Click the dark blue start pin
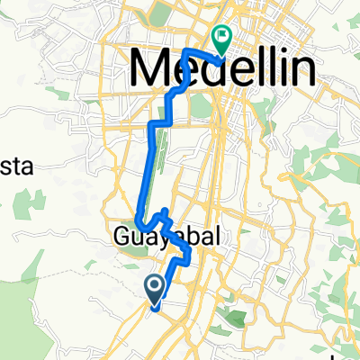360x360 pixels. (x=155, y=288)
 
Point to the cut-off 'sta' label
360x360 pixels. (x=18, y=166)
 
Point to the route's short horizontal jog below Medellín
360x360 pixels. (x=159, y=120)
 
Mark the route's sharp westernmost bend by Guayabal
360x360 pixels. (x=138, y=220)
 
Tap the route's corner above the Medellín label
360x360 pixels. (x=186, y=51)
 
